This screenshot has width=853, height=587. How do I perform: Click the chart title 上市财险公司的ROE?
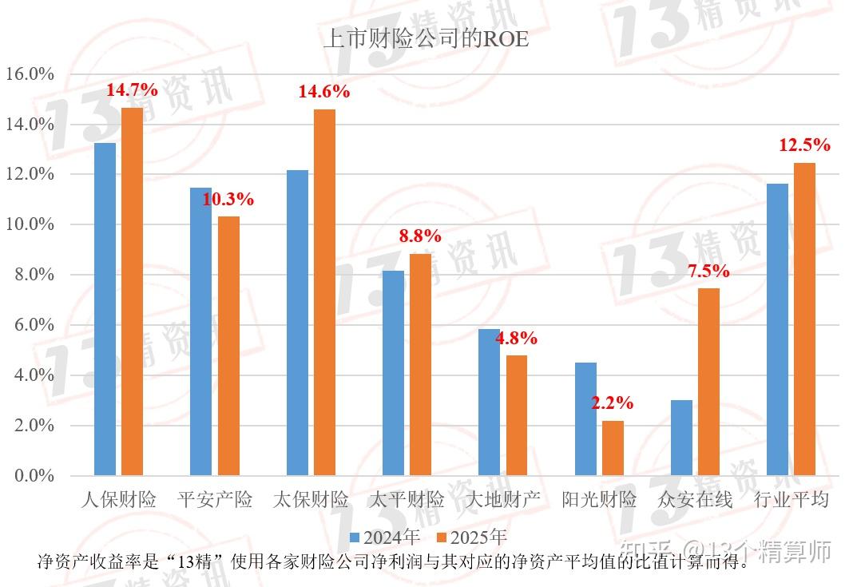click(426, 38)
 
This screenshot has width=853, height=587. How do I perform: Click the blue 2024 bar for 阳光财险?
click(585, 418)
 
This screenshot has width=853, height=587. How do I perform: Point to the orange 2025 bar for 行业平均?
click(804, 319)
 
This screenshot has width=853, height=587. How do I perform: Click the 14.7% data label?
click(132, 90)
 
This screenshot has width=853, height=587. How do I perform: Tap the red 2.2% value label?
click(612, 403)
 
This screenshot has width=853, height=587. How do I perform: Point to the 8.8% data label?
click(420, 236)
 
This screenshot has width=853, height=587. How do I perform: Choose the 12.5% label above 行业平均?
click(804, 145)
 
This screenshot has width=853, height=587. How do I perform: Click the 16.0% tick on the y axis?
click(30, 74)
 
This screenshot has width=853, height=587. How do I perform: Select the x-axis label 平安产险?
click(214, 500)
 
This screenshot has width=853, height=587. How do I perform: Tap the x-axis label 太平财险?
click(407, 500)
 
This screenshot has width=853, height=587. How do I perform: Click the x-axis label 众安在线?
click(695, 500)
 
